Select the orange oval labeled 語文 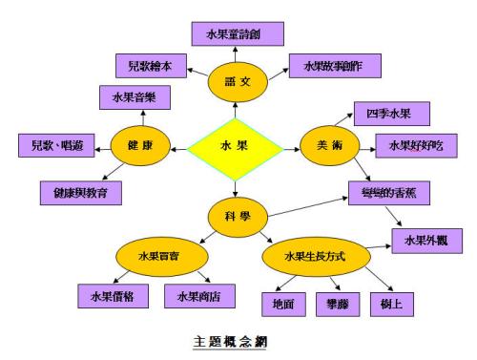[235, 83]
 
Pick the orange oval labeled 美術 [327, 145]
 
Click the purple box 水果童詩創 [236, 33]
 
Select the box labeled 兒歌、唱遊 [58, 145]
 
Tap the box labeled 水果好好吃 [410, 146]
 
